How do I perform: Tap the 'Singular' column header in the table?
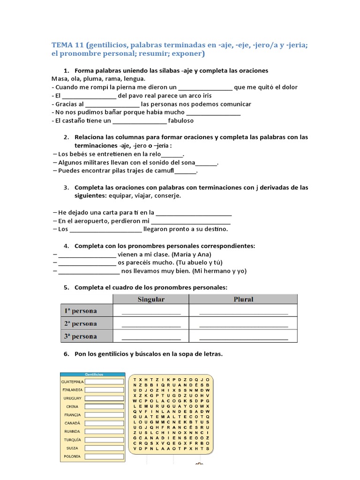150,299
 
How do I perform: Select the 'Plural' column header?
243,299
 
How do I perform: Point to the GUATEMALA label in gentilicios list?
72,382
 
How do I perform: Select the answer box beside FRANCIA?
104,414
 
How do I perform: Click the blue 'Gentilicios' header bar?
93,374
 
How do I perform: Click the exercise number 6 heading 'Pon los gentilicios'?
148,354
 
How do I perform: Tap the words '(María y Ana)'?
192,254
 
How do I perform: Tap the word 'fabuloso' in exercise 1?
180,120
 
